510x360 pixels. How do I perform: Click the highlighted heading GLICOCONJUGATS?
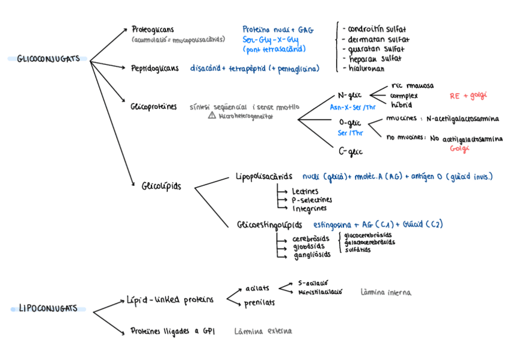[48, 59]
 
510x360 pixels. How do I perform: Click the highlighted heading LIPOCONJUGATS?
[48, 309]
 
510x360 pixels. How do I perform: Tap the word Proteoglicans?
[153, 29]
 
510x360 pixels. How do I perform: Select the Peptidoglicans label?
[155, 69]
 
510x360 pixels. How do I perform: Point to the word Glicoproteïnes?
[153, 107]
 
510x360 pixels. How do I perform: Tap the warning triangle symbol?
[212, 115]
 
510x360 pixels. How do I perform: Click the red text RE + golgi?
[468, 96]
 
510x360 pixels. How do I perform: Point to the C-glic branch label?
[351, 151]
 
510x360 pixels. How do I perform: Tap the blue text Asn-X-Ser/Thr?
[353, 107]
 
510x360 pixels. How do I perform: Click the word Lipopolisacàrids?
[264, 177]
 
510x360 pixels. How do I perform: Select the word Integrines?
[309, 209]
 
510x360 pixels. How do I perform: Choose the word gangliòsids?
[312, 255]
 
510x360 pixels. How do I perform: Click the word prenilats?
[259, 302]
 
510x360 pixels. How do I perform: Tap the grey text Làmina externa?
[263, 331]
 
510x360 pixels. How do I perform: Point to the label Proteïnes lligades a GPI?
[173, 331]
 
